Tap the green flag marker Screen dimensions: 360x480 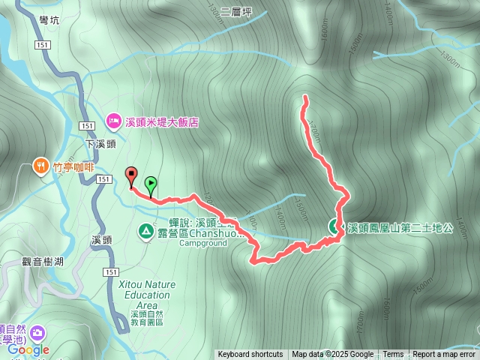[151, 182]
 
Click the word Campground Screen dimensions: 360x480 [202, 243]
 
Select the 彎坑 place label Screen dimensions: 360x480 [49, 20]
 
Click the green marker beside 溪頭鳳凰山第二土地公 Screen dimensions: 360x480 [334, 226]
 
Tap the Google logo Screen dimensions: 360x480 [28, 349]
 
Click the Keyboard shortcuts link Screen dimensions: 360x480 [250, 355]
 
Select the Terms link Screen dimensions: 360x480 [393, 355]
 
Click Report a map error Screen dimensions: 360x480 [444, 355]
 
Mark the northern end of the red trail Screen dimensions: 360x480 [304, 97]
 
